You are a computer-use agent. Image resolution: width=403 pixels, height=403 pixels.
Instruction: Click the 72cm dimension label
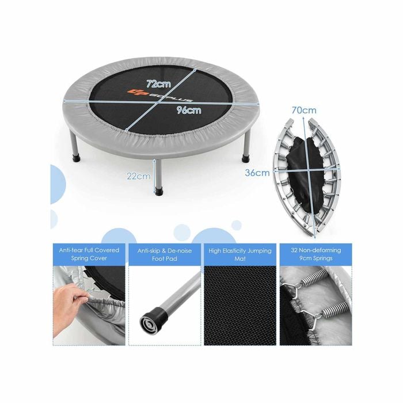[158, 83]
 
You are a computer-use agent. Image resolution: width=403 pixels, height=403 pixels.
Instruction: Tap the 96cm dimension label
[189, 110]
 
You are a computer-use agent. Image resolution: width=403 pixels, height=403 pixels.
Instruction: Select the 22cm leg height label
[139, 176]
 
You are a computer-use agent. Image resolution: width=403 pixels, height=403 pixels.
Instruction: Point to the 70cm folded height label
[304, 111]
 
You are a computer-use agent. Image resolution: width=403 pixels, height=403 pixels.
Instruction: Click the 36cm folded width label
[257, 173]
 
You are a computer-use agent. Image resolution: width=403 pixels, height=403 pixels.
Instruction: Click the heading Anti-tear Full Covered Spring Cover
[89, 254]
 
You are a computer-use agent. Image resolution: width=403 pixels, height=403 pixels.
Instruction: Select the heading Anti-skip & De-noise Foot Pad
[165, 254]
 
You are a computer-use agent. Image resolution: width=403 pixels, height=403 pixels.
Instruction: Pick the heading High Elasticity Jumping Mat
[240, 254]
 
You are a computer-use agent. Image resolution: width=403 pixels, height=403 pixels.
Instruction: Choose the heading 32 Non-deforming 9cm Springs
[316, 254]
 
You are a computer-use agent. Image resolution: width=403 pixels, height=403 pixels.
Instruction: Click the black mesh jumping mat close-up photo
[240, 306]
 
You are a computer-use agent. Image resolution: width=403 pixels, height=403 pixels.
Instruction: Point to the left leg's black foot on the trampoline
[77, 157]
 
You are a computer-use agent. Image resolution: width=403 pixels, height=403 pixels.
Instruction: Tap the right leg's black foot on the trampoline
[246, 157]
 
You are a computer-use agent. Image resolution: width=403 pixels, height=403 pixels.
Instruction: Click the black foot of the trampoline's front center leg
[159, 191]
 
